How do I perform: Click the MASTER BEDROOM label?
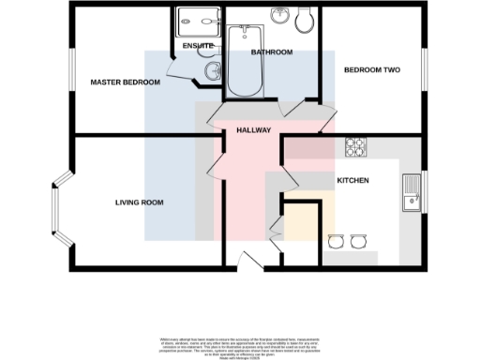[x=125, y=82]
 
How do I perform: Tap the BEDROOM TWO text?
[x=371, y=70]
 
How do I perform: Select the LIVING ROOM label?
[x=140, y=202]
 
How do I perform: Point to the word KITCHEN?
[x=352, y=180]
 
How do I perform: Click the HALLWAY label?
[x=254, y=130]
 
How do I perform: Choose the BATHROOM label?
[x=272, y=52]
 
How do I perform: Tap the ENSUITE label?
[x=198, y=46]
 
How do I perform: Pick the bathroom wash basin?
[x=278, y=16]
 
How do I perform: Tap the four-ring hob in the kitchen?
[x=356, y=147]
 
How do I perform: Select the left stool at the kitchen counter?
[x=335, y=241]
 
